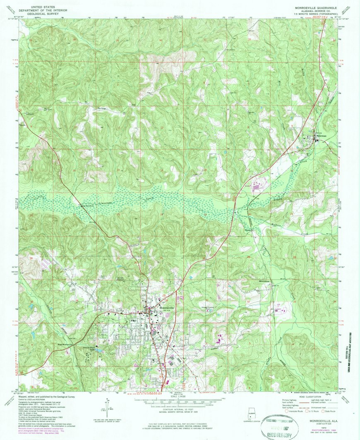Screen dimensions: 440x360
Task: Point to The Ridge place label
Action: tap(102, 109)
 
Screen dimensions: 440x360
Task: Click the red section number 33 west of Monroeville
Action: tap(31, 302)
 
